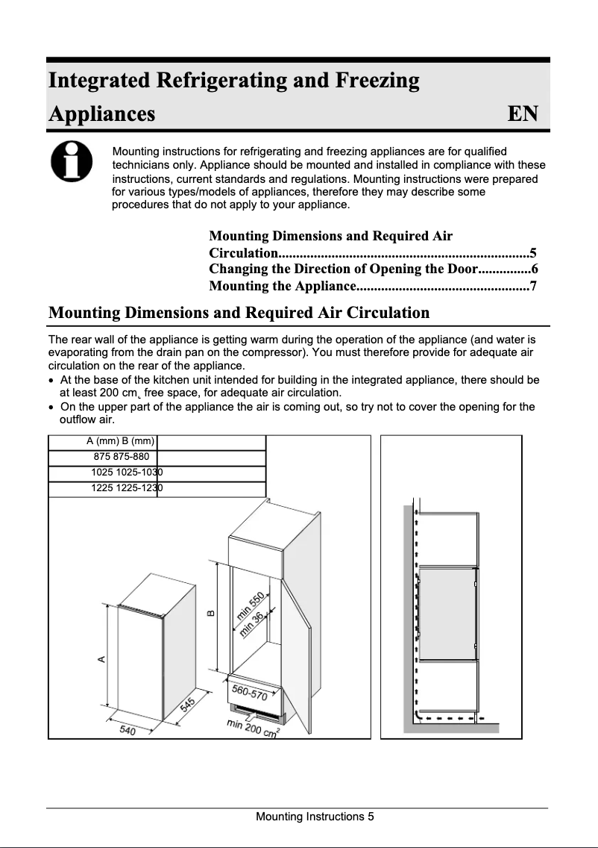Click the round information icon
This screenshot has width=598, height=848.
click(72, 162)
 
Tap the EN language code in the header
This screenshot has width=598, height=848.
click(522, 114)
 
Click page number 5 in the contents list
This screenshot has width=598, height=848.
click(532, 252)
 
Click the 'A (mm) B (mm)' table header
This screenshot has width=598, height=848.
click(120, 442)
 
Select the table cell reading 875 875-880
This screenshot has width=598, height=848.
click(122, 457)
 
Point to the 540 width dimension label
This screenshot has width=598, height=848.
click(128, 731)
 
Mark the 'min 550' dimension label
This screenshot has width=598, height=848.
click(250, 605)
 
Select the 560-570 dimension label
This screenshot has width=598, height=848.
click(250, 692)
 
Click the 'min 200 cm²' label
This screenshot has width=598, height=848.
click(254, 729)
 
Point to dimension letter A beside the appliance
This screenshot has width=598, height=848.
click(101, 658)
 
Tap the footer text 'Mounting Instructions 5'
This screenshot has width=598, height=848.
click(315, 817)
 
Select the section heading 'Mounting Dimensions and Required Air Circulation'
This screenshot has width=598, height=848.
click(239, 312)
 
